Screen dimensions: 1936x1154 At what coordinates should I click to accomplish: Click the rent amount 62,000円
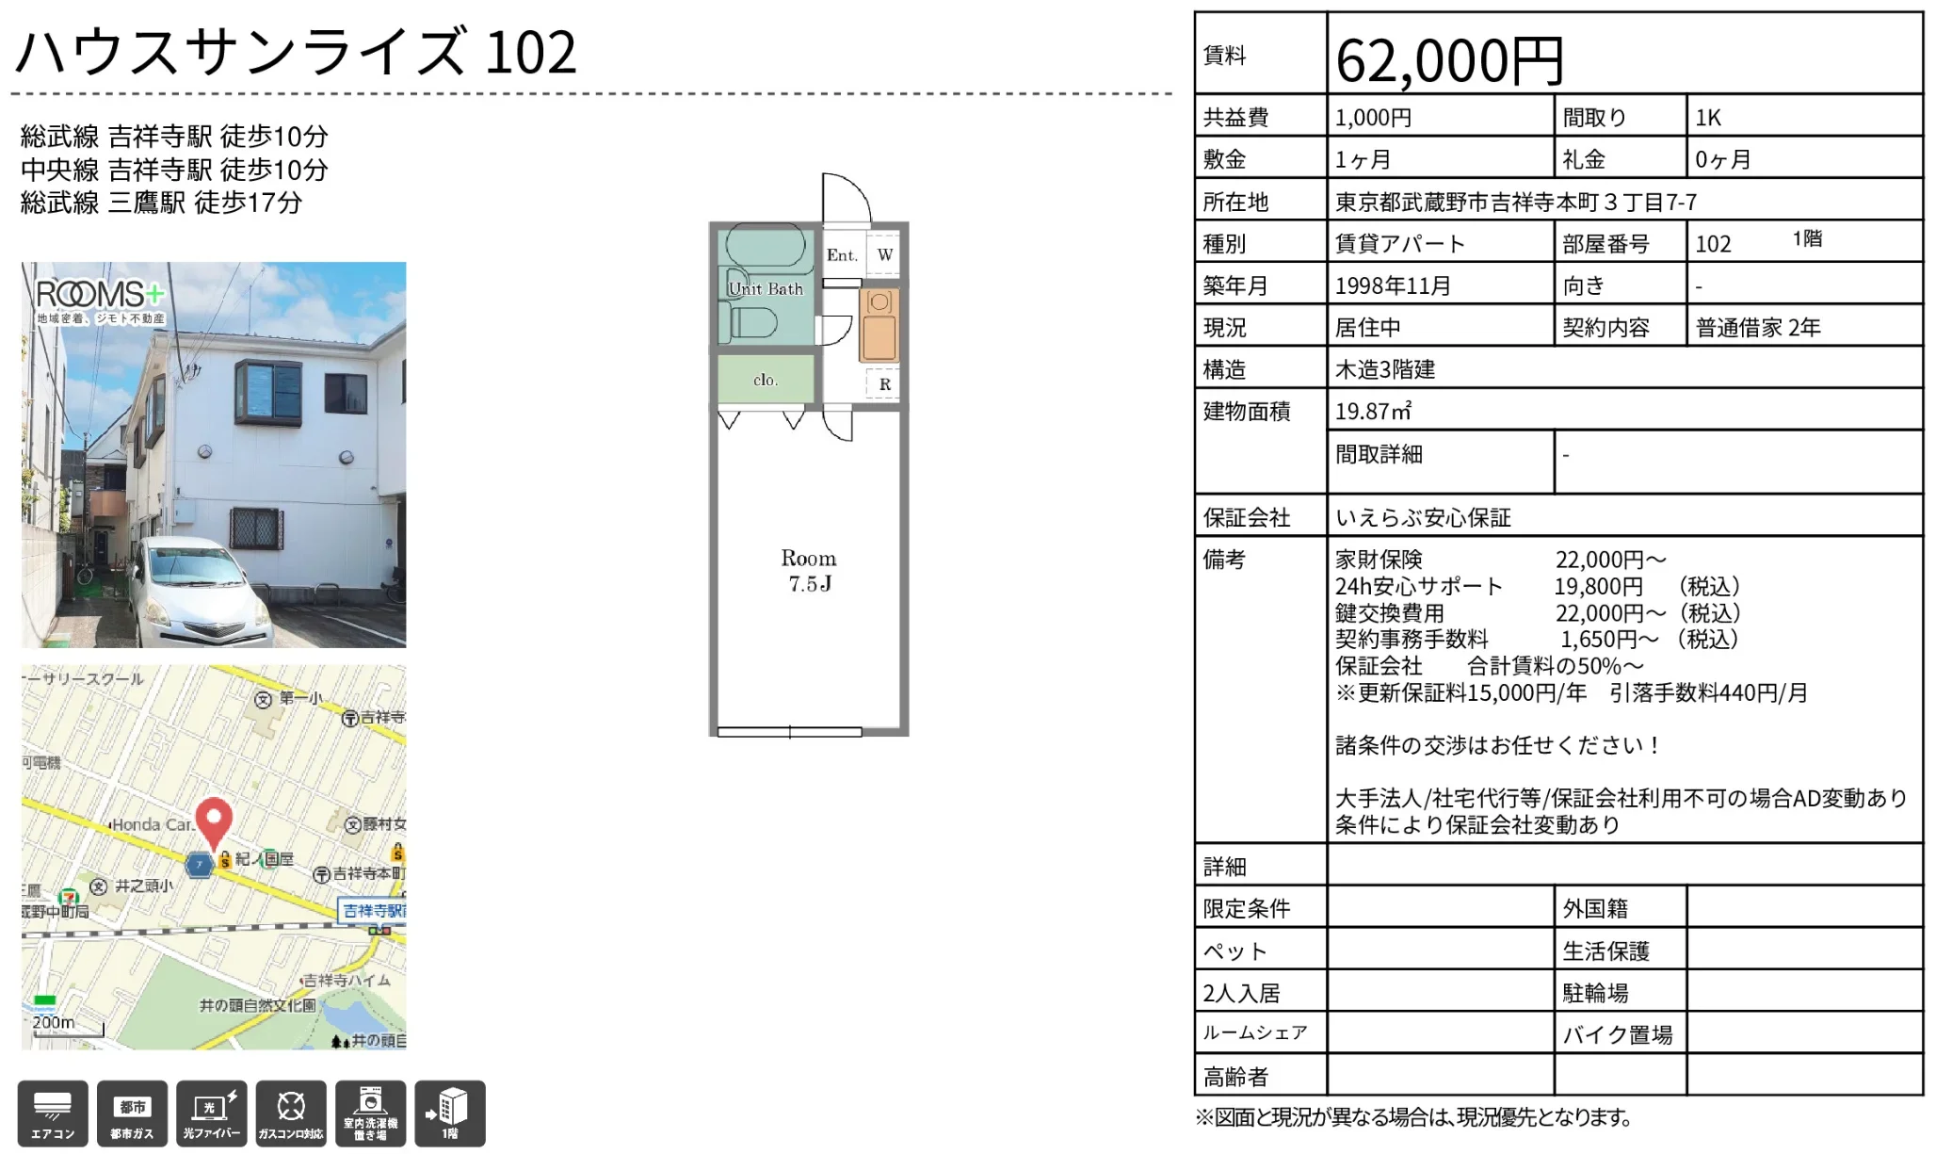tap(1449, 60)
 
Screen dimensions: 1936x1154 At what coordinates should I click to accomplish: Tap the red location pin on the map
tap(214, 822)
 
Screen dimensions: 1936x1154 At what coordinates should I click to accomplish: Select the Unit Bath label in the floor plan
tap(766, 289)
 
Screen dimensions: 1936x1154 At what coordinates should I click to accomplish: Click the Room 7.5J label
tap(809, 571)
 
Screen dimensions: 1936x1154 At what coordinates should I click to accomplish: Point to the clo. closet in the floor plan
tap(766, 380)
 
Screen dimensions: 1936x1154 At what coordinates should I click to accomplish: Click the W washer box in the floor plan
tap(884, 254)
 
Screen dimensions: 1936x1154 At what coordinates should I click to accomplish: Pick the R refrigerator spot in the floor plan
tap(884, 384)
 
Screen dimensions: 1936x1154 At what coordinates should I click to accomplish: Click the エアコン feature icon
tap(53, 1113)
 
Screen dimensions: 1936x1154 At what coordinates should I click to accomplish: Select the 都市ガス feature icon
tap(132, 1113)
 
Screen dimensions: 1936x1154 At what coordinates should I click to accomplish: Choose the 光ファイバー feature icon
tap(212, 1113)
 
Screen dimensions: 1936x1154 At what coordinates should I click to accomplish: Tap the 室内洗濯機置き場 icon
tap(370, 1113)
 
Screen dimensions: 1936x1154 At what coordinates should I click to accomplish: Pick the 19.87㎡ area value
tap(1373, 412)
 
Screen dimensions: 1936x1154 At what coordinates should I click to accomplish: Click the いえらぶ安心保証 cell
tap(1423, 517)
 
